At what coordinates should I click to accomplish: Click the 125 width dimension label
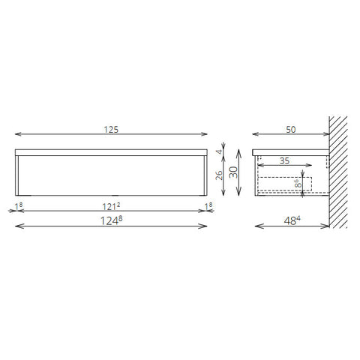coord(111,130)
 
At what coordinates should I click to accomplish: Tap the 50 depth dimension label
coord(291,130)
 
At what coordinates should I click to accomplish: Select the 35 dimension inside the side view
coord(284,161)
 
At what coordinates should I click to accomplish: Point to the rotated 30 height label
coord(234,172)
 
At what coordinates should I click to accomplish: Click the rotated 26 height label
coord(219,175)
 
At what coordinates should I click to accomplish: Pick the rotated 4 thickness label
coord(220,151)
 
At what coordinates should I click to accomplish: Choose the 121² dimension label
coord(111,206)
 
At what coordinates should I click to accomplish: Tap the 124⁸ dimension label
coord(111,220)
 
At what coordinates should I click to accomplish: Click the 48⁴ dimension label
coord(292,220)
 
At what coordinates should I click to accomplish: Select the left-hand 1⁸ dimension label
coord(19,206)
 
